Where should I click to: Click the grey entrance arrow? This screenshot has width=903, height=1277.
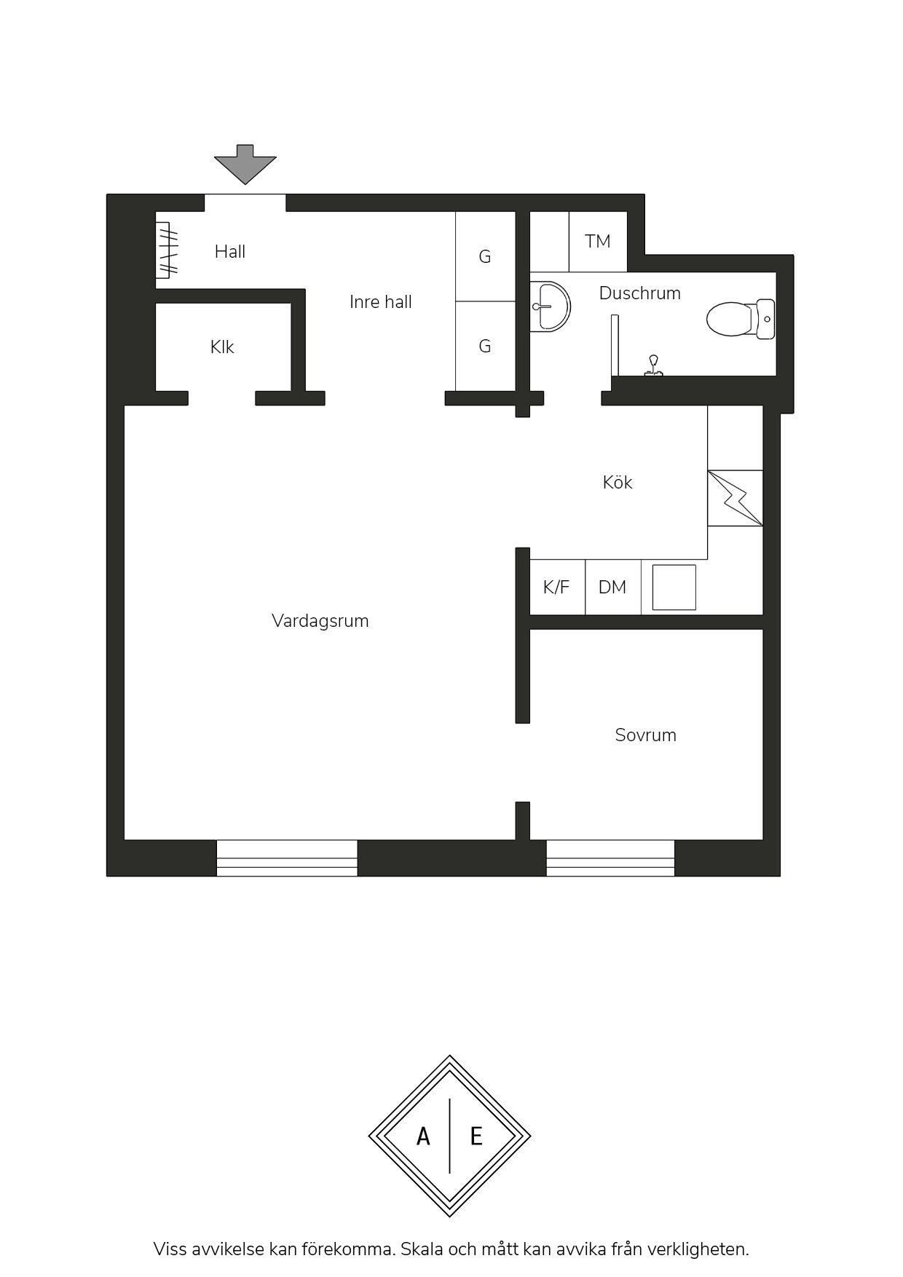(x=245, y=164)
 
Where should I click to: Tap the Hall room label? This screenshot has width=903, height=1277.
(x=230, y=252)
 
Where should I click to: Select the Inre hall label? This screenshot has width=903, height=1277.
(x=381, y=302)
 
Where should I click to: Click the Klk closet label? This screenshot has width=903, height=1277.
(x=222, y=347)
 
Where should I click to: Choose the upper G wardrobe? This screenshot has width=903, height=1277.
(x=486, y=256)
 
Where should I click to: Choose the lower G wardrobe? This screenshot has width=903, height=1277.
(x=486, y=347)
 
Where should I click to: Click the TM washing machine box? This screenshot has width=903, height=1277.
(x=598, y=242)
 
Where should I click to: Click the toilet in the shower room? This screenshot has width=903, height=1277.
(x=741, y=319)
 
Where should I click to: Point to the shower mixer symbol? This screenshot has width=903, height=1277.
(x=654, y=365)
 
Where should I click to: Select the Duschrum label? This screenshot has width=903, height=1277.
(x=640, y=293)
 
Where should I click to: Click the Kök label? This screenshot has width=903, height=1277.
(x=618, y=482)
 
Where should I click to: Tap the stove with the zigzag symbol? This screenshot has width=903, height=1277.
(x=736, y=498)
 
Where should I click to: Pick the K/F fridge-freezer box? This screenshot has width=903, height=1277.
(x=557, y=587)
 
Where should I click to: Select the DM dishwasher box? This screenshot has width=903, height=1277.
(x=613, y=587)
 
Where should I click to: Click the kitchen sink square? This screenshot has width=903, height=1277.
(x=674, y=587)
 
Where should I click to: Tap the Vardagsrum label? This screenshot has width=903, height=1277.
(x=320, y=621)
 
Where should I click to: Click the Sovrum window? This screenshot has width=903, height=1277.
(x=610, y=858)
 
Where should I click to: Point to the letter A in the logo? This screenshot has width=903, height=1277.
(x=423, y=1136)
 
